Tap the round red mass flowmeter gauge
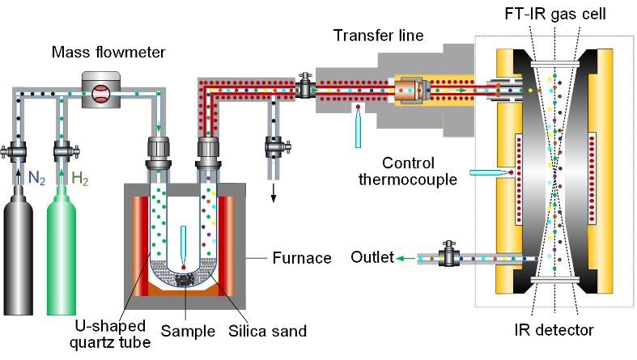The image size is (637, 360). [x=100, y=92]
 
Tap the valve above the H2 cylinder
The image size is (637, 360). [x=62, y=151]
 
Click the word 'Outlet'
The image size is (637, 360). [x=372, y=258]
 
